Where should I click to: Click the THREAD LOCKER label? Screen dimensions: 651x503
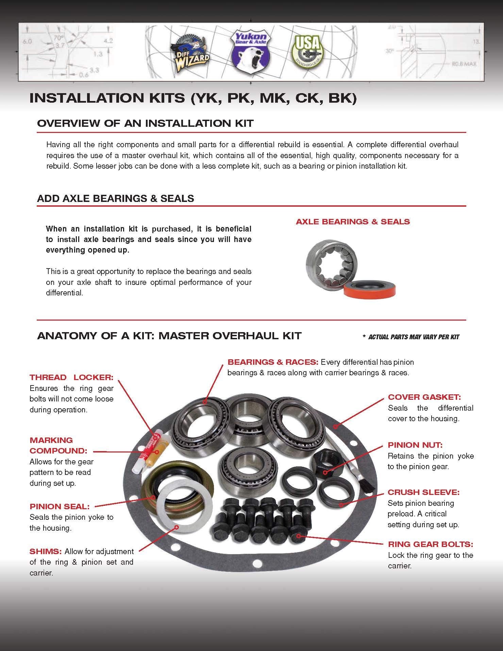(71, 377)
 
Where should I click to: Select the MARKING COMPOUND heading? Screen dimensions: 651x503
(58, 445)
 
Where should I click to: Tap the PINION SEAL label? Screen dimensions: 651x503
(60, 506)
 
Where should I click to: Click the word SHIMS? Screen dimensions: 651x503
(45, 551)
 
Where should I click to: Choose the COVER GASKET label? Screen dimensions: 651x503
(424, 397)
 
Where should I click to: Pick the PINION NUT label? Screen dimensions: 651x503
(415, 445)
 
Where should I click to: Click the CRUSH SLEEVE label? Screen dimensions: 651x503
(423, 492)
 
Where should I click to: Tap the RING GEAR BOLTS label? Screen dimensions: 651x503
(430, 544)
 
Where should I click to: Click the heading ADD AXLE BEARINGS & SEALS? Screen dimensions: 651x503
(115, 198)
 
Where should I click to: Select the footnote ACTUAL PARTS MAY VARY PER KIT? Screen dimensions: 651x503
(413, 337)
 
